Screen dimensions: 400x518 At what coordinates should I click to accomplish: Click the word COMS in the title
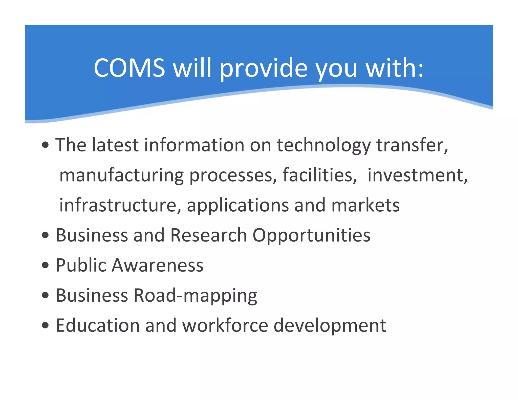(129, 68)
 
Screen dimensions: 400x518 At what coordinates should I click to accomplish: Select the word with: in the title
(395, 68)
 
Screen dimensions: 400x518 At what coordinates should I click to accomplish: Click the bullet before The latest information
(46, 145)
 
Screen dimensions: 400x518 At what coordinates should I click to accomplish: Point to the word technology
(324, 146)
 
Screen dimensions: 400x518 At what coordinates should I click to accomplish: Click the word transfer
(412, 145)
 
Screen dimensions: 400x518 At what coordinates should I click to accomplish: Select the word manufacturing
(121, 175)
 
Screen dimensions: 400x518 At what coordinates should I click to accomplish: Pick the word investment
(417, 175)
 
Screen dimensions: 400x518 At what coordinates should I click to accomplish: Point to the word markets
(365, 205)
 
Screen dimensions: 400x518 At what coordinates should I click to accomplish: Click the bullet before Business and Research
(46, 235)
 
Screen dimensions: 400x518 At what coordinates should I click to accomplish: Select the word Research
(208, 235)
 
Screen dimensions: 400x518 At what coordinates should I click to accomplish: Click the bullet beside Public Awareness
(46, 265)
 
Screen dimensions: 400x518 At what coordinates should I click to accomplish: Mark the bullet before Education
(46, 325)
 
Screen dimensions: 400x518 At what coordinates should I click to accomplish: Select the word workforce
(225, 325)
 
